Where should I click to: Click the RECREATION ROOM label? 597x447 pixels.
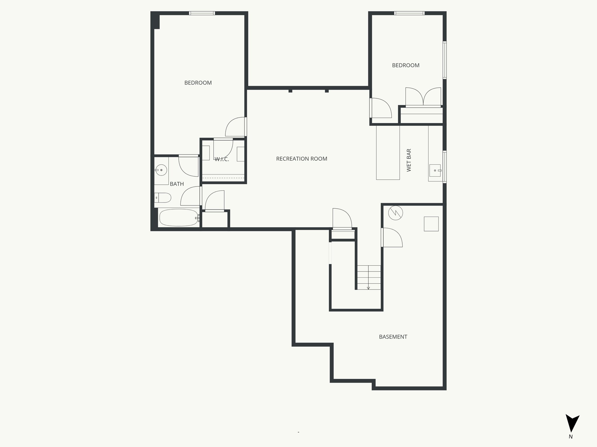pyautogui.click(x=301, y=159)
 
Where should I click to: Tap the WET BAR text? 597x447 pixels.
pyautogui.click(x=409, y=160)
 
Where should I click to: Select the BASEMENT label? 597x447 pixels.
pyautogui.click(x=393, y=337)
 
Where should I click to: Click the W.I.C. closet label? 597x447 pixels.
pyautogui.click(x=222, y=159)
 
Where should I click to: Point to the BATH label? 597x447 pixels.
pyautogui.click(x=177, y=184)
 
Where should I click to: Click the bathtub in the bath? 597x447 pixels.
pyautogui.click(x=178, y=218)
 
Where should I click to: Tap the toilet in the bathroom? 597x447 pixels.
pyautogui.click(x=163, y=198)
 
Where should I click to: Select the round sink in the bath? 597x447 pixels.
pyautogui.click(x=161, y=170)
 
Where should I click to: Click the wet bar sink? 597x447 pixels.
pyautogui.click(x=435, y=170)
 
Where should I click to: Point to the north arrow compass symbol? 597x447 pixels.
pyautogui.click(x=572, y=427)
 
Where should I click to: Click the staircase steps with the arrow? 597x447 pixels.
pyautogui.click(x=369, y=277)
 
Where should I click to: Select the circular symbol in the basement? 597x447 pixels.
pyautogui.click(x=395, y=213)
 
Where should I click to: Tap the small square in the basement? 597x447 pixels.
pyautogui.click(x=431, y=224)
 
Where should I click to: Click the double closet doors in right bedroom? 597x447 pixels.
pyautogui.click(x=423, y=97)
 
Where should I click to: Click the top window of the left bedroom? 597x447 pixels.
pyautogui.click(x=202, y=13)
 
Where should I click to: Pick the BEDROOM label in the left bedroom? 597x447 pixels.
pyautogui.click(x=198, y=83)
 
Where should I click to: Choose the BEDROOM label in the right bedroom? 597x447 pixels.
pyautogui.click(x=405, y=65)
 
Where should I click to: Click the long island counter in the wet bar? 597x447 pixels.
pyautogui.click(x=388, y=152)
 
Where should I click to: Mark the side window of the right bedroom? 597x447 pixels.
pyautogui.click(x=445, y=60)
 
